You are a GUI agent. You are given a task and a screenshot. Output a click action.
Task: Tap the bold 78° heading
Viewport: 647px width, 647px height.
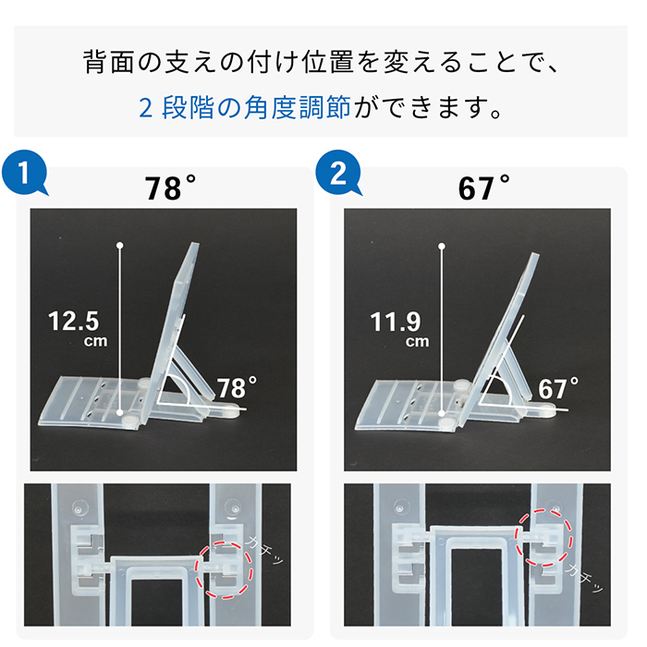[x=170, y=188]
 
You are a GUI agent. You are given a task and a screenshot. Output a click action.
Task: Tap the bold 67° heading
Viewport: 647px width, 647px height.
[x=483, y=188]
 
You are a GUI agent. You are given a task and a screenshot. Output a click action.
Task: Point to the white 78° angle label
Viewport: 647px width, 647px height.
[x=237, y=385]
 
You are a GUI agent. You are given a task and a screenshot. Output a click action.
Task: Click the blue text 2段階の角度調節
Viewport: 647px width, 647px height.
[x=245, y=109]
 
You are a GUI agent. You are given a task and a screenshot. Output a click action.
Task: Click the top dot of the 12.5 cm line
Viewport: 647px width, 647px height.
[x=121, y=245]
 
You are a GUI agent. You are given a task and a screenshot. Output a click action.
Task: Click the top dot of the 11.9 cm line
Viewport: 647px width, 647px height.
[x=442, y=245]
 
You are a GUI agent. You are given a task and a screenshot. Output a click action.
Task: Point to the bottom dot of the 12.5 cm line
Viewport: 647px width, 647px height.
[x=121, y=412]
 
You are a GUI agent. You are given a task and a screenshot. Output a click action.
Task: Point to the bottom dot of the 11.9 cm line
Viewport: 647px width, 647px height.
[x=442, y=412]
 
